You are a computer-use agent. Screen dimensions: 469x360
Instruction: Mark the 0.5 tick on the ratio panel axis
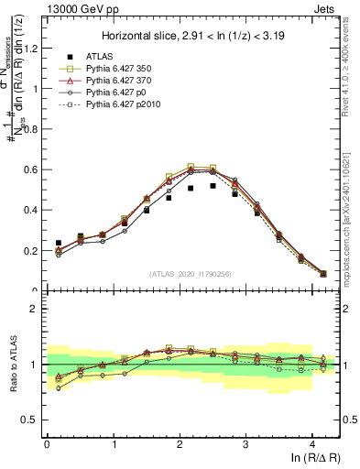pyautogui.click(x=32, y=420)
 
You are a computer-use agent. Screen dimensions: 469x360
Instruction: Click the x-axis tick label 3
pyautogui.click(x=245, y=446)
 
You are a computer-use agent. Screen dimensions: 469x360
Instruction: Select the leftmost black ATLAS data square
pyautogui.click(x=59, y=243)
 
